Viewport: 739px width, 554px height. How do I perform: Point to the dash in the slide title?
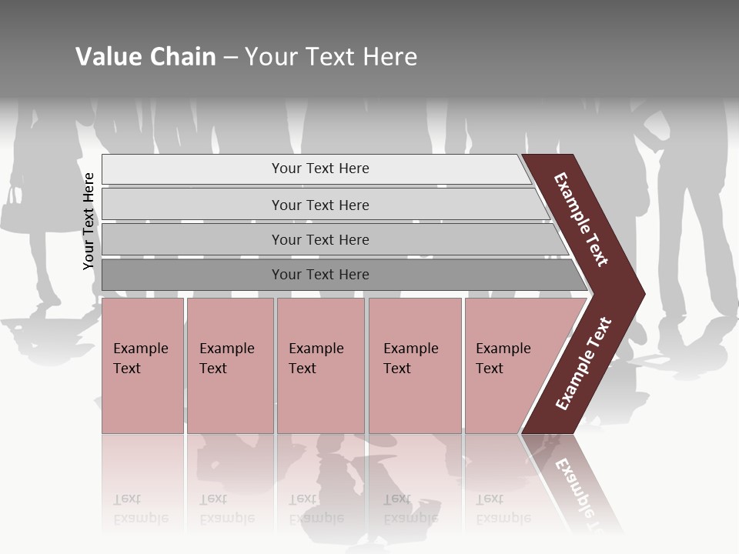tap(230, 58)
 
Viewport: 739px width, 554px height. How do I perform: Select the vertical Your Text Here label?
tap(89, 222)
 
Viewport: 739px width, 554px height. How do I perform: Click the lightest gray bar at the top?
tap(319, 169)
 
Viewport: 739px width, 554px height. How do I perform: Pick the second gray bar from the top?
tap(319, 205)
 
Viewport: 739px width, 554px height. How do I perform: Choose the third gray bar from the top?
tap(319, 239)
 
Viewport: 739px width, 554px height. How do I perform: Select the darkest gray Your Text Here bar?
tap(319, 275)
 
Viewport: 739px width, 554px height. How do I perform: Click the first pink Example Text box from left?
tap(142, 365)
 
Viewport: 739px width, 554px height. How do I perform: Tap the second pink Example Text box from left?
tap(230, 365)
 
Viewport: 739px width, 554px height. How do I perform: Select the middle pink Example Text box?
tap(320, 365)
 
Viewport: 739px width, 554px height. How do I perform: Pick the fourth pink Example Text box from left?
tap(415, 365)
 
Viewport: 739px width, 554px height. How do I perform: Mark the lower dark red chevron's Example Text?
tap(584, 364)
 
